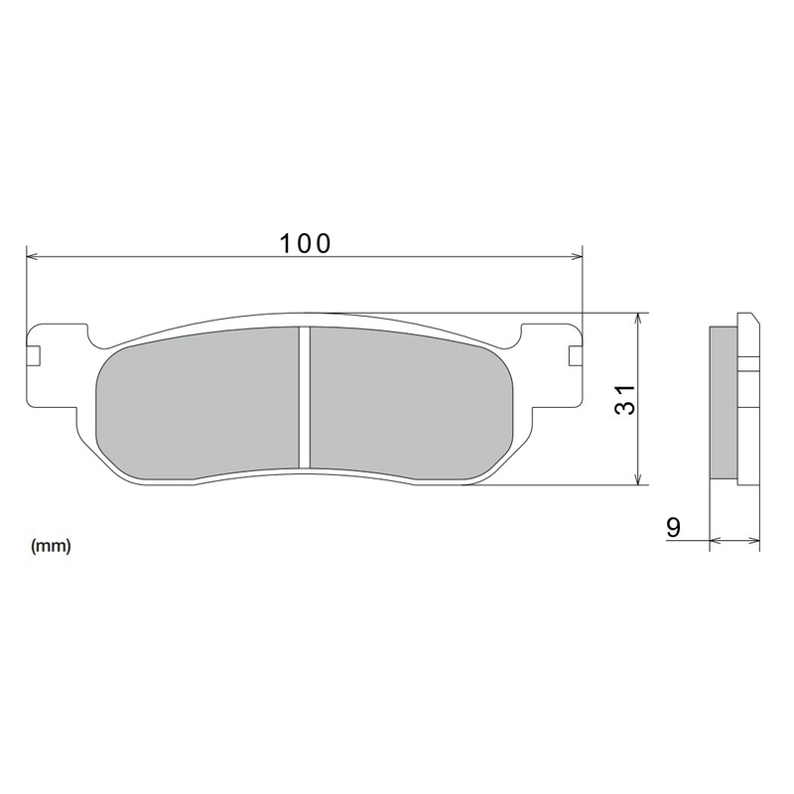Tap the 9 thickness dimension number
pos(673,527)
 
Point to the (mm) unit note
pos(50,546)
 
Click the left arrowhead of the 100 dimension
pos(31,257)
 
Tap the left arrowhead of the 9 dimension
pos(716,541)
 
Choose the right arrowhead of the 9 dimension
pos(755,541)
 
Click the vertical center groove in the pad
pos(305,397)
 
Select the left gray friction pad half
pos(198,402)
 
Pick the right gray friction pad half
pos(407,402)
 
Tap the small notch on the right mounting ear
pos(573,355)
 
